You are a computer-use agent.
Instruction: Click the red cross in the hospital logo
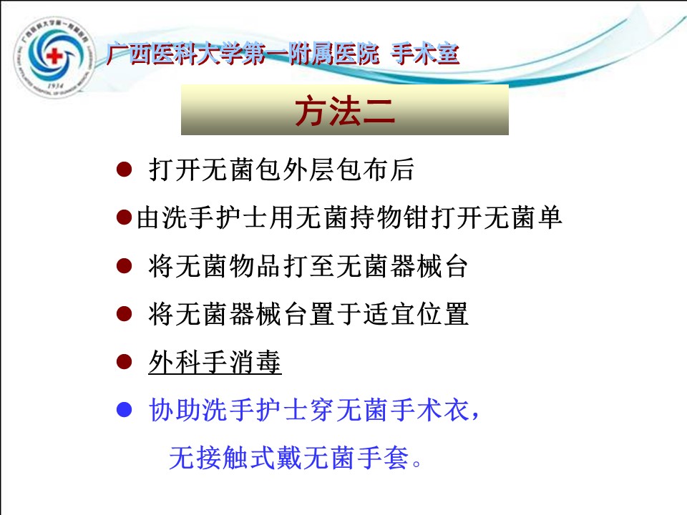tap(54, 56)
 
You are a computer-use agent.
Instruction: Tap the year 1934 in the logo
tap(55, 86)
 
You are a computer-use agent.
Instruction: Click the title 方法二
tap(345, 112)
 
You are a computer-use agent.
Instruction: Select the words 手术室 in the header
tap(424, 54)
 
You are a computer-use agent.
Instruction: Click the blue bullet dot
tap(125, 410)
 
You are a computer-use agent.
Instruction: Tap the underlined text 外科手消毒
tap(215, 362)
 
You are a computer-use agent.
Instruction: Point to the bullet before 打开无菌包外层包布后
tap(125, 170)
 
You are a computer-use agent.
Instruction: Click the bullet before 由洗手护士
tap(125, 217)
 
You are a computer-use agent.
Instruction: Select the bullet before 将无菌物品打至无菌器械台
tap(125, 266)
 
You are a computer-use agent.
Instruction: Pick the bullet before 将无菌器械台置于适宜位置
tap(125, 314)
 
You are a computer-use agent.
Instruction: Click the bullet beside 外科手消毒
tap(125, 362)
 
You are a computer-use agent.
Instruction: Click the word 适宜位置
tap(416, 314)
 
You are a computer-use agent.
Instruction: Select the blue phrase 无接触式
tap(222, 458)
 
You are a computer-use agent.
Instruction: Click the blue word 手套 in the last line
tap(382, 458)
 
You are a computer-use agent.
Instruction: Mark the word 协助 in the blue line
tap(175, 411)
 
